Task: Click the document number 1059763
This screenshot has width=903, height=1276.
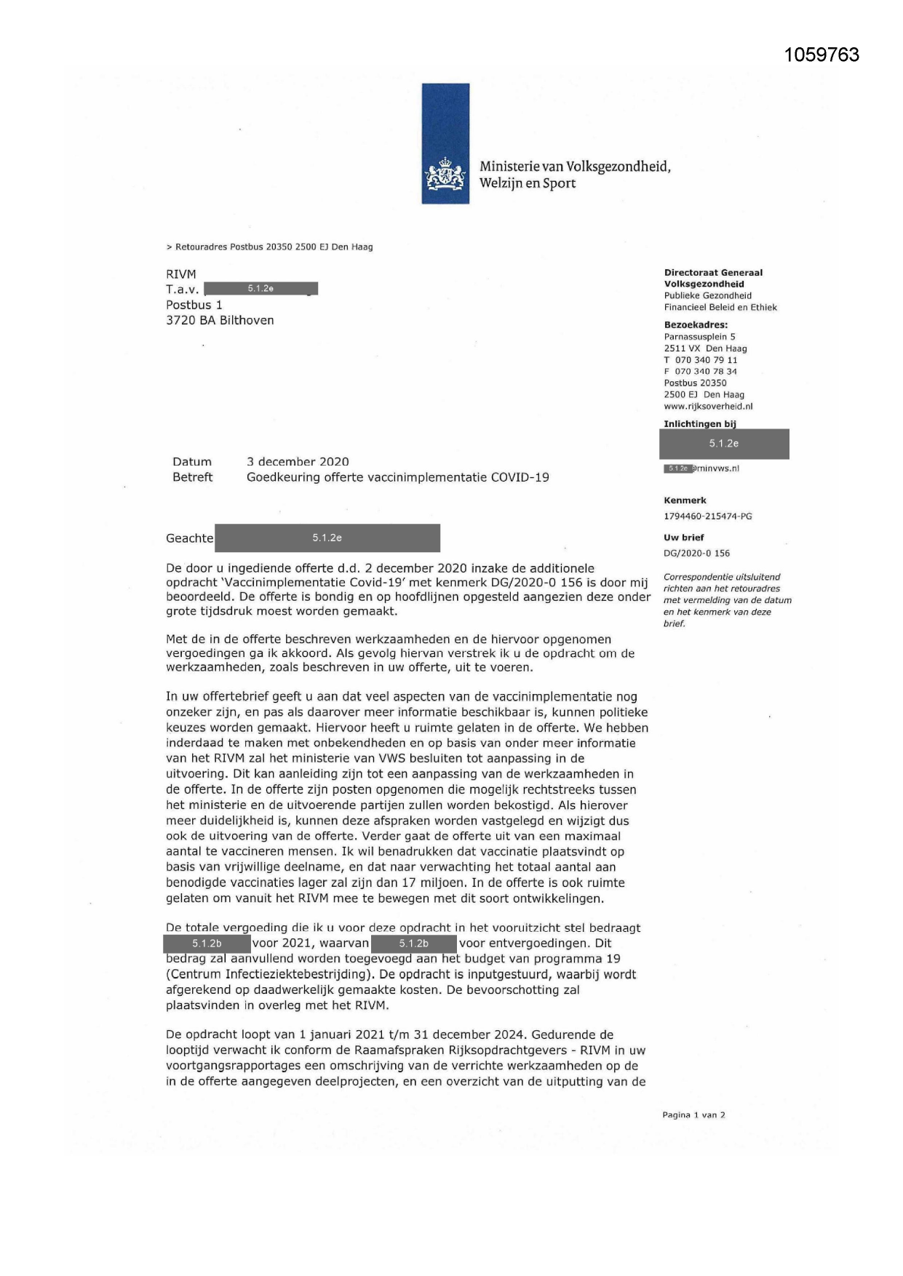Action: [822, 55]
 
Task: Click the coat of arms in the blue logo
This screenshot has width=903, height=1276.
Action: [445, 175]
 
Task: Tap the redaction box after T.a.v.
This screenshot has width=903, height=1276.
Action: [260, 289]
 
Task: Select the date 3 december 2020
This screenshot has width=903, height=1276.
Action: [298, 462]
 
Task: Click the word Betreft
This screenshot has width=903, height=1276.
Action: [193, 477]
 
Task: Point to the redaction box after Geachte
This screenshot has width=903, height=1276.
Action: [327, 538]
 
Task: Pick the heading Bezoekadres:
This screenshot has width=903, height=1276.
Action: [696, 325]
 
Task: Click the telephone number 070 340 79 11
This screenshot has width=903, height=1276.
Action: [706, 360]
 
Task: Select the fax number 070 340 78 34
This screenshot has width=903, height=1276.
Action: [706, 372]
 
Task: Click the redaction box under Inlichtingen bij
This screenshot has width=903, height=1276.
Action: [724, 444]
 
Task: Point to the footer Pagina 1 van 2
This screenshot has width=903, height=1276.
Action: [693, 1115]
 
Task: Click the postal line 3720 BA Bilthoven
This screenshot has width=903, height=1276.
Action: [220, 320]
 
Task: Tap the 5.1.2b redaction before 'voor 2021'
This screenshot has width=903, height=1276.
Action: [207, 944]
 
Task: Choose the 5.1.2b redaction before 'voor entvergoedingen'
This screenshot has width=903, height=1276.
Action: [414, 944]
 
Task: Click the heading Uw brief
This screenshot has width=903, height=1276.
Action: [684, 538]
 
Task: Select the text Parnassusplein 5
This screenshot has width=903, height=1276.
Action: [699, 337]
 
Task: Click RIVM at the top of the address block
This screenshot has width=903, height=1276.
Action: [181, 274]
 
